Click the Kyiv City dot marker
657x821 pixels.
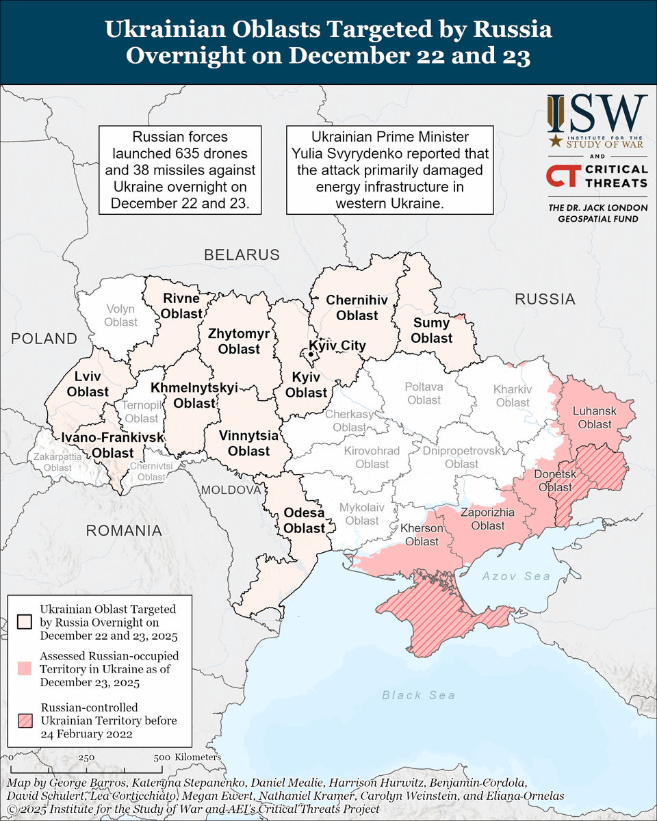click(311, 354)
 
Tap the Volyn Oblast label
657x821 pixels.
click(120, 315)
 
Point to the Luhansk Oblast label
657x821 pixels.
click(594, 417)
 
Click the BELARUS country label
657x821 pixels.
click(242, 255)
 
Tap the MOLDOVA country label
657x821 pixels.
click(231, 491)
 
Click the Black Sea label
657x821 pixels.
click(418, 695)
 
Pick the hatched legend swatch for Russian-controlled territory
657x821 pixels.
click(25, 720)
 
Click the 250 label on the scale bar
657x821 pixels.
click(86, 757)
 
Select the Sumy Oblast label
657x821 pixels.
click(431, 330)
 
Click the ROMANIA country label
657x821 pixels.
click(123, 530)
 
